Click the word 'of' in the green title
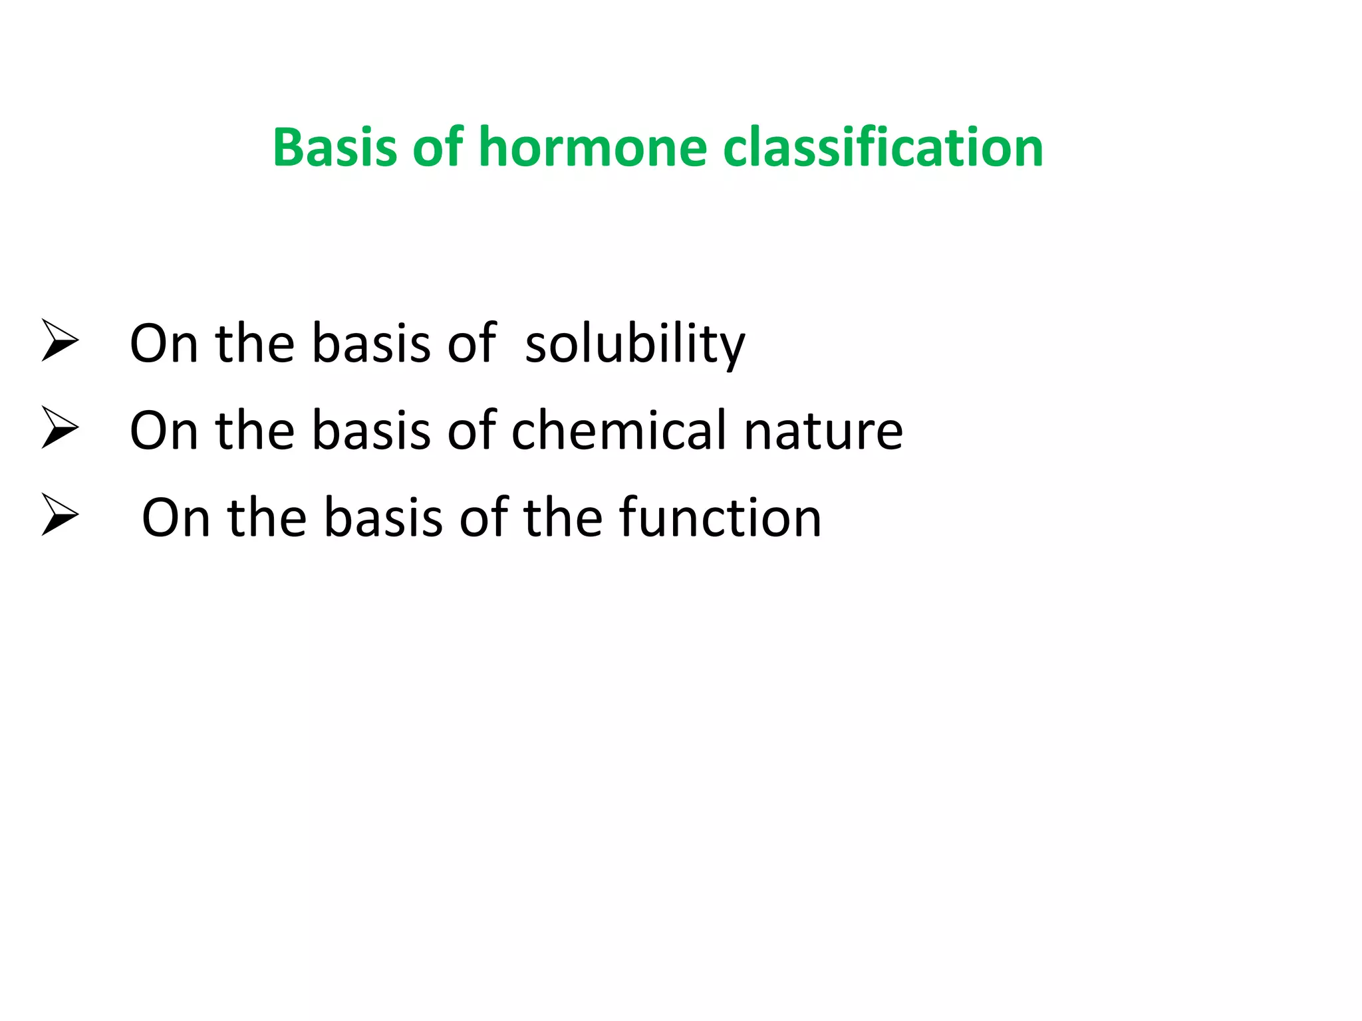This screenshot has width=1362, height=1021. [438, 148]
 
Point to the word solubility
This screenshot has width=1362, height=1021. [635, 345]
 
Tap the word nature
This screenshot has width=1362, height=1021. [823, 431]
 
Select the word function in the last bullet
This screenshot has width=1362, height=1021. [720, 518]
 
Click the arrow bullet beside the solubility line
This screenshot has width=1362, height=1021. [60, 340]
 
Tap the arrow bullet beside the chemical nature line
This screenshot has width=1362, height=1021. [60, 427]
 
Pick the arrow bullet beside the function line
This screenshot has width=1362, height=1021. [60, 514]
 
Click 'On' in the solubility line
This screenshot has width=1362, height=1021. [164, 344]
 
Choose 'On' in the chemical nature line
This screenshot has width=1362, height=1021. [164, 431]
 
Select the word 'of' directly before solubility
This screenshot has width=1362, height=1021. [472, 344]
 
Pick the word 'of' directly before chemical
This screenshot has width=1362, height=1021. [472, 431]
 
